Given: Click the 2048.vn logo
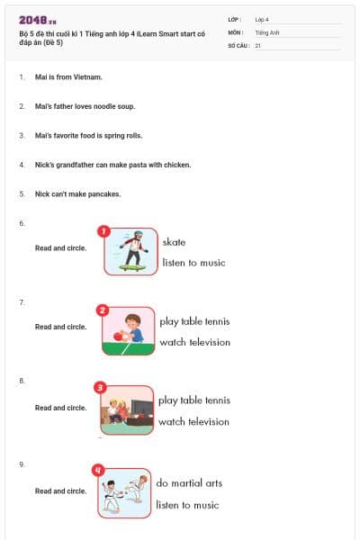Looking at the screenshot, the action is [x=37, y=19].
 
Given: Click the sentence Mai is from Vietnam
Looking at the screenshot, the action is [x=68, y=77].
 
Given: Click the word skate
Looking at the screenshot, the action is [x=174, y=242].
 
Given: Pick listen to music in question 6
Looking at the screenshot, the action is [x=193, y=263].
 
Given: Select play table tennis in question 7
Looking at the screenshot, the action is [x=194, y=321].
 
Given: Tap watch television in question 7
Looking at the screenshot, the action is [x=194, y=342].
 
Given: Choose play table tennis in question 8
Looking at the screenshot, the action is [x=194, y=400].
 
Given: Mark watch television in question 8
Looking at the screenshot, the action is [x=194, y=421].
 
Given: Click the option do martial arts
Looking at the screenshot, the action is [x=189, y=483].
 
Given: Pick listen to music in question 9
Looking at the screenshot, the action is [x=187, y=505].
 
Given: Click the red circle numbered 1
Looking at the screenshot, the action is [x=103, y=231].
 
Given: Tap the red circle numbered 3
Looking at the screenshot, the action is [x=100, y=388].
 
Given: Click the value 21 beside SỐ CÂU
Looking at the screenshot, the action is [x=258, y=45].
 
